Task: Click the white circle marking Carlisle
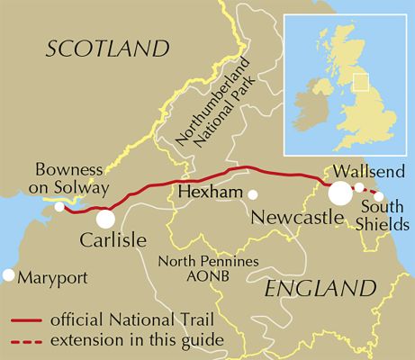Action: pos(105,219)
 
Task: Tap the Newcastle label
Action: pos(293,217)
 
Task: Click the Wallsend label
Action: pos(363,170)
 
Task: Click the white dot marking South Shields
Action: pos(379,197)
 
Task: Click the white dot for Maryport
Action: pos(9,274)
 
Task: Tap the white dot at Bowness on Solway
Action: pos(59,207)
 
